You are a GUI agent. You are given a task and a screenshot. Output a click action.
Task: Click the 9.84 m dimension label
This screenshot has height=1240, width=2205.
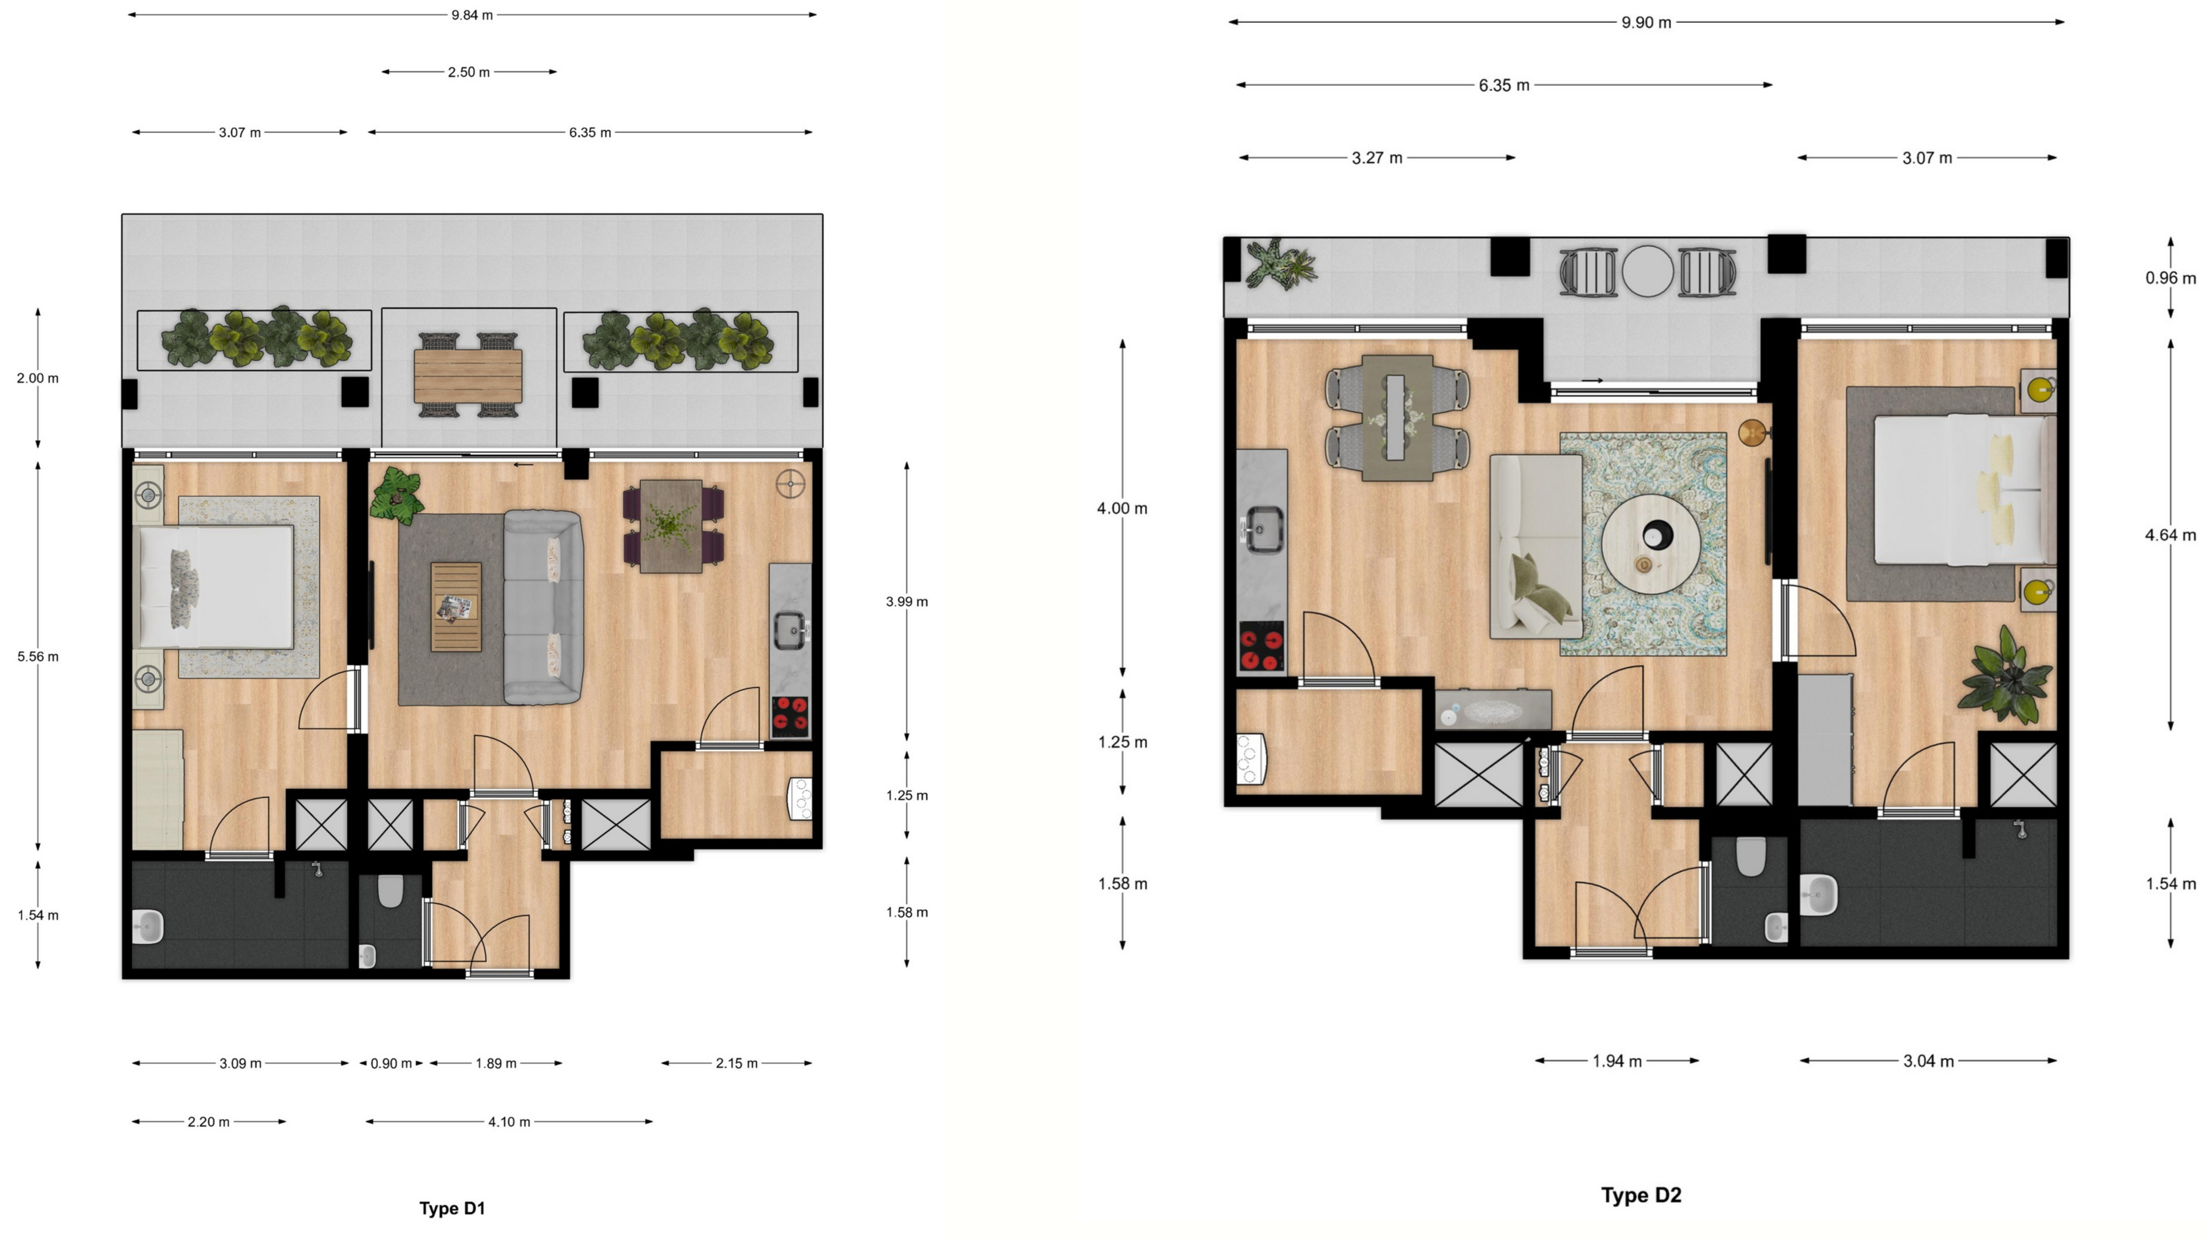(x=472, y=15)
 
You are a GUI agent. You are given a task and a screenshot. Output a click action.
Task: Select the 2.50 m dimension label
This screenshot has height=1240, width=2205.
(x=468, y=72)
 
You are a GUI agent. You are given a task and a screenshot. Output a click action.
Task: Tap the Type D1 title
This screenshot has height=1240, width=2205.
(x=452, y=1208)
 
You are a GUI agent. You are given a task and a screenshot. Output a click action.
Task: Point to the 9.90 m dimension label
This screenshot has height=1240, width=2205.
(x=1646, y=22)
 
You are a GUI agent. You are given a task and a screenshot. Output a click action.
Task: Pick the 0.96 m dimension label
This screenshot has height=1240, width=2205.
(x=2170, y=278)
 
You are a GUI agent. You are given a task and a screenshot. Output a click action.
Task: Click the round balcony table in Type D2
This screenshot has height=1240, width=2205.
(x=1647, y=271)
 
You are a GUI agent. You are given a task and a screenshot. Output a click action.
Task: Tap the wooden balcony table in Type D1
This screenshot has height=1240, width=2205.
(x=468, y=376)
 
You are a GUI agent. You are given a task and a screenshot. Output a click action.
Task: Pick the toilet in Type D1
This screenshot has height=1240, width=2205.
(x=390, y=891)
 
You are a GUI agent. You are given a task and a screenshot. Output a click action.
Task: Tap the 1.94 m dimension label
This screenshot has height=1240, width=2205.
(x=1617, y=1061)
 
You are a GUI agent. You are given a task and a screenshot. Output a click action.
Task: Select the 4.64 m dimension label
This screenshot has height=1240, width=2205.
(x=2170, y=535)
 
